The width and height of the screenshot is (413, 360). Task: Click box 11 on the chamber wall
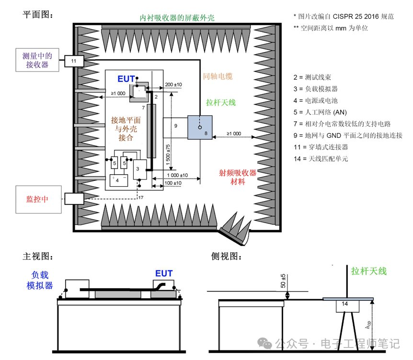click(x=73, y=61)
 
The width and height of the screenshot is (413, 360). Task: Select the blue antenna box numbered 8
click(x=200, y=127)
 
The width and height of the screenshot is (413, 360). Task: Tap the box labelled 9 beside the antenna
click(x=175, y=126)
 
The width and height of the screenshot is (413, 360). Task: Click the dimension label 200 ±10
click(x=173, y=85)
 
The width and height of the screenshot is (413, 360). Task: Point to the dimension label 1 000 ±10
click(x=178, y=175)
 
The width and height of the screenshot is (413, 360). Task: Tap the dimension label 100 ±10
click(x=173, y=183)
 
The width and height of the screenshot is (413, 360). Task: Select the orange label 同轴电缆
click(x=218, y=76)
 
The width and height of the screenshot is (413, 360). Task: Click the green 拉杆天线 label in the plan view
click(x=221, y=102)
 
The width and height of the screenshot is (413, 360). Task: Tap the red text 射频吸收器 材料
click(x=238, y=177)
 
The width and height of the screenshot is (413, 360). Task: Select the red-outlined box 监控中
click(x=38, y=199)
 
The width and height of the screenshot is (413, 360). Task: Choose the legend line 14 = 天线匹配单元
click(x=321, y=158)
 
